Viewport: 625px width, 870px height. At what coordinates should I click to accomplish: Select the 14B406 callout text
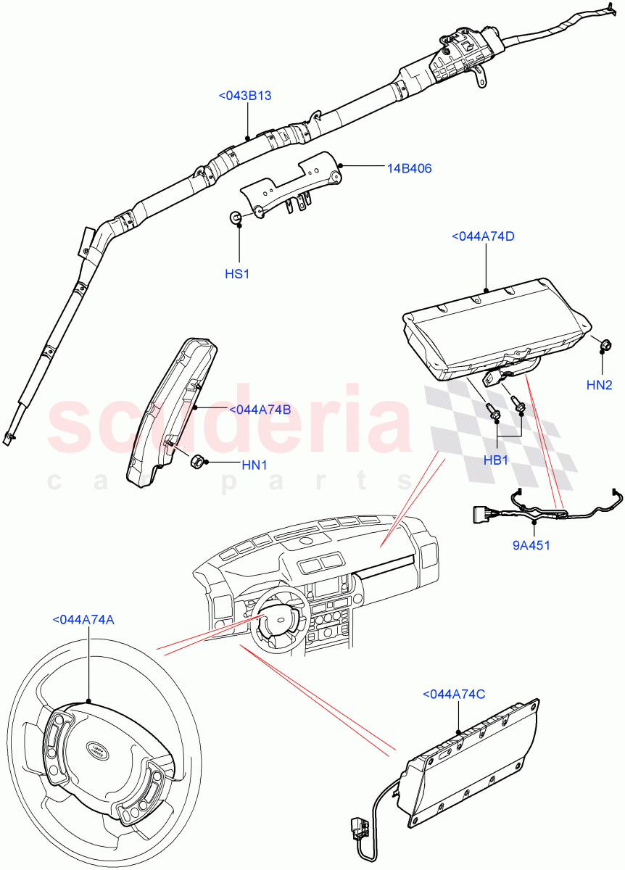coord(409,168)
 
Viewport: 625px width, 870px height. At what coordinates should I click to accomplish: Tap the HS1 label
coord(237,275)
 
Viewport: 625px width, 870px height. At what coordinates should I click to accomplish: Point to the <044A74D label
coord(483,236)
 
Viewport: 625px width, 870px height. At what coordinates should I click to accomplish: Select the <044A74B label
coord(260,410)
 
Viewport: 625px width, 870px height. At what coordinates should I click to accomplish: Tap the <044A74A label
coord(83,620)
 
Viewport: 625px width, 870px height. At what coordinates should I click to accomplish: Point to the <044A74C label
coord(454,695)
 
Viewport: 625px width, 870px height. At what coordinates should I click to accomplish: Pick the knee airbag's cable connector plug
coord(355,827)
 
